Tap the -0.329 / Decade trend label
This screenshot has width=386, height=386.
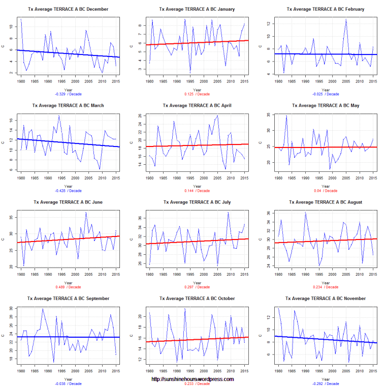coord(68,94)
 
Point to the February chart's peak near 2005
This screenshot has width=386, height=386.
coord(346,19)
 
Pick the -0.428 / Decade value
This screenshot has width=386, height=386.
coord(68,191)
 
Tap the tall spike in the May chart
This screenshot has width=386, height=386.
coord(286,116)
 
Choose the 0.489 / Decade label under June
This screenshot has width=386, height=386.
coord(68,287)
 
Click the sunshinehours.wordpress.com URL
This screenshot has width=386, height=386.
coord(193,379)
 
